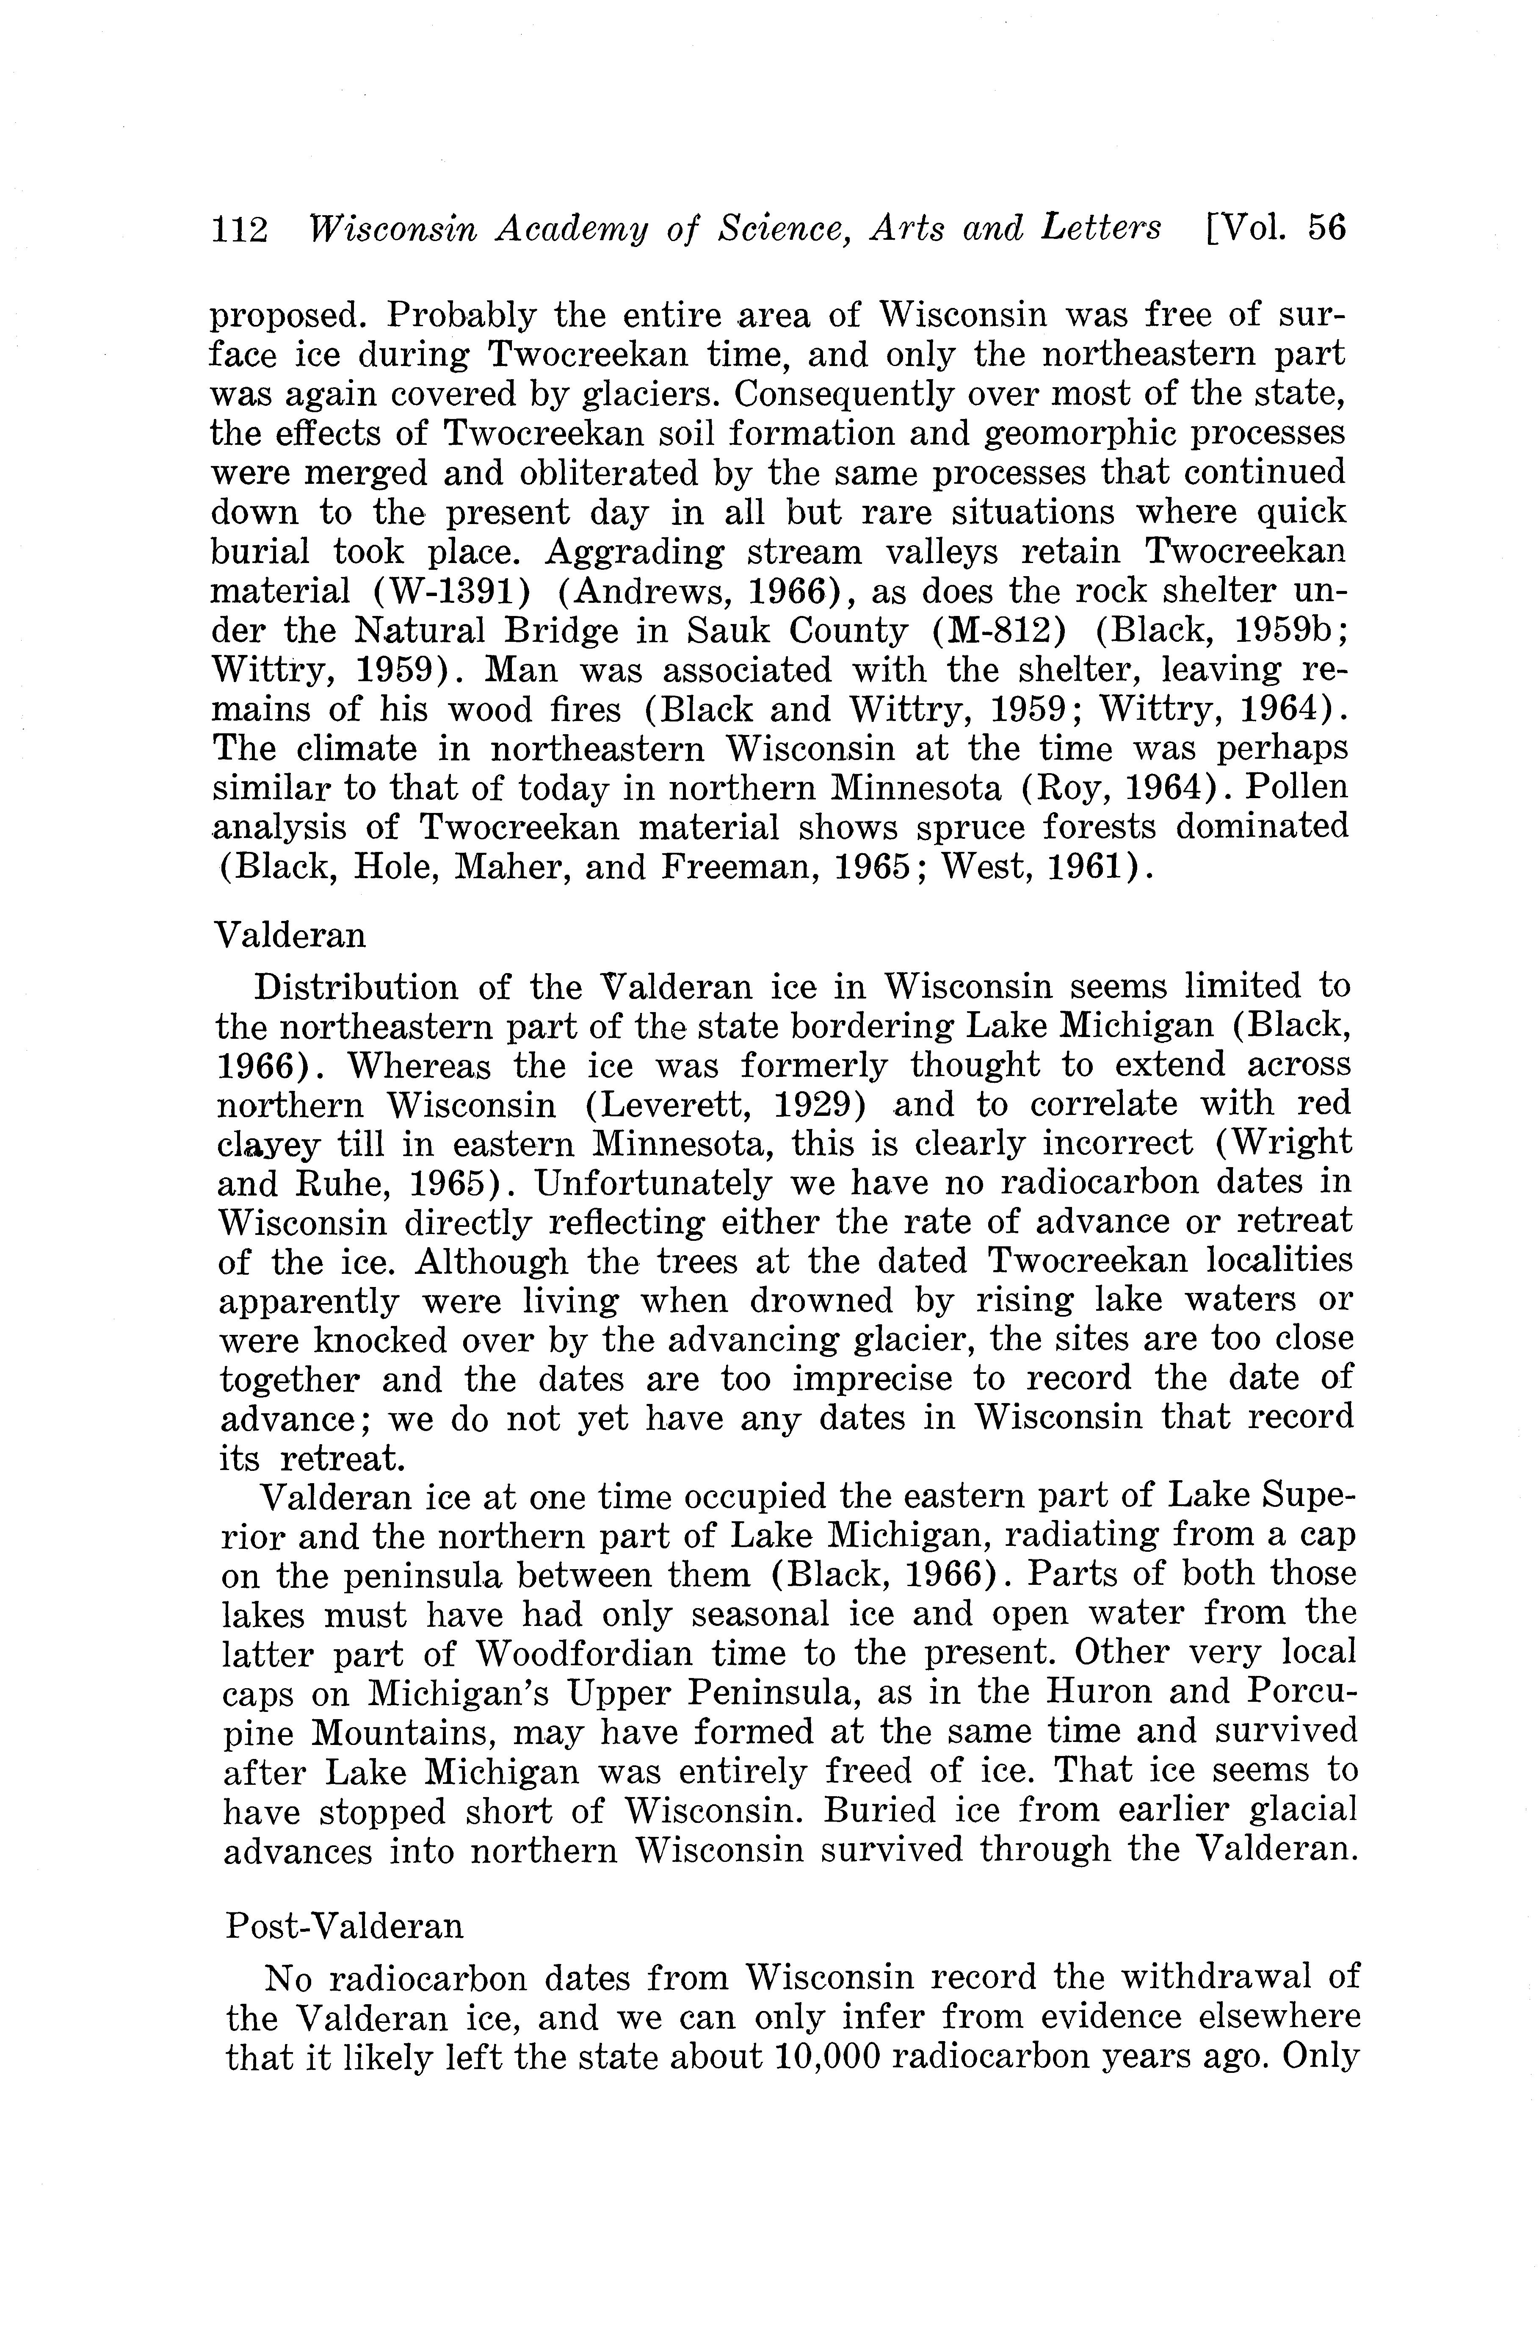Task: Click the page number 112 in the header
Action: click(x=240, y=229)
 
